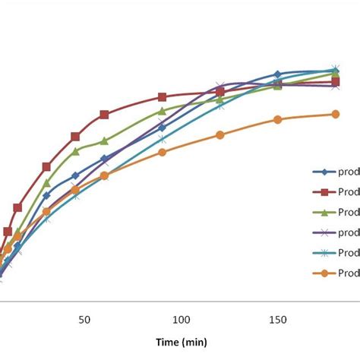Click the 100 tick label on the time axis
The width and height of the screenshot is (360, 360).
point(181,320)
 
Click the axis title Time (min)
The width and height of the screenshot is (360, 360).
point(181,343)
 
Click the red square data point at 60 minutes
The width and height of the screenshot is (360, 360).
point(104,115)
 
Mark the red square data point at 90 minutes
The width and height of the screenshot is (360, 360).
point(162,97)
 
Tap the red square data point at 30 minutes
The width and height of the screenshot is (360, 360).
point(46,166)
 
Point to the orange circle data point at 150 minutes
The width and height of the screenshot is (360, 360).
point(277,119)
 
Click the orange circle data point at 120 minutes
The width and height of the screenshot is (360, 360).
point(219,134)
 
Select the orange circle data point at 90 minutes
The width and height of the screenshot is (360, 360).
point(162,152)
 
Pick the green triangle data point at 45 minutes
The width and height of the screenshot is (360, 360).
point(75,150)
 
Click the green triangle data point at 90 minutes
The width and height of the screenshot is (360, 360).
point(162,110)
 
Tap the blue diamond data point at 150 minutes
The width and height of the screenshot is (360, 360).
point(277,74)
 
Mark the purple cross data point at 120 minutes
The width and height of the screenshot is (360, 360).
point(219,87)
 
